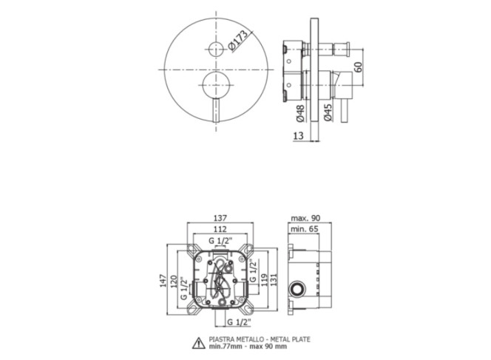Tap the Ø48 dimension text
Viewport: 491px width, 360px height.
point(299,113)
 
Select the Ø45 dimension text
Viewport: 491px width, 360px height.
point(328,112)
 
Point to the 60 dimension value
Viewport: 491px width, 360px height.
point(358,67)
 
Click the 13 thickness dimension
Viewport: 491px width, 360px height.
point(299,135)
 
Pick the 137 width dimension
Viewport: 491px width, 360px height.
point(220,218)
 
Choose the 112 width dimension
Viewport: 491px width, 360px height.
point(220,229)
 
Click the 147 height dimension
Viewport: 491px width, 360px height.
point(162,281)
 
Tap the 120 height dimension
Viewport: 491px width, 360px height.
point(174,281)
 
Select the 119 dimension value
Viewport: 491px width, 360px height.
point(264,280)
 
